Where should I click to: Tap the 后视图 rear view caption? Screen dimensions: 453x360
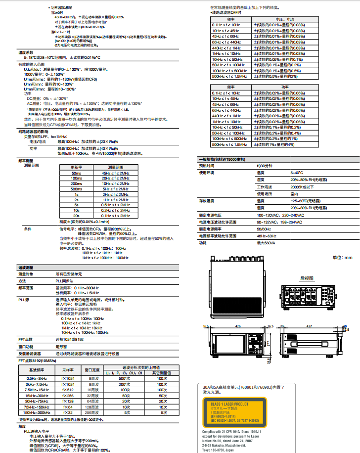(x=307, y=278)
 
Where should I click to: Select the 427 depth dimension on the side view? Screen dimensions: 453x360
(x=310, y=327)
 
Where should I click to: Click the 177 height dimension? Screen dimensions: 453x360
(x=270, y=342)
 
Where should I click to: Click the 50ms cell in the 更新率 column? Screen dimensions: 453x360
(x=77, y=173)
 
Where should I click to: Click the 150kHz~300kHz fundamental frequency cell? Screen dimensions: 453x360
(x=37, y=412)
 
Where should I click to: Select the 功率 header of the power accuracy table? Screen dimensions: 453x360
(x=285, y=87)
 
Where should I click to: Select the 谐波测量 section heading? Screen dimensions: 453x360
(x=26, y=267)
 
